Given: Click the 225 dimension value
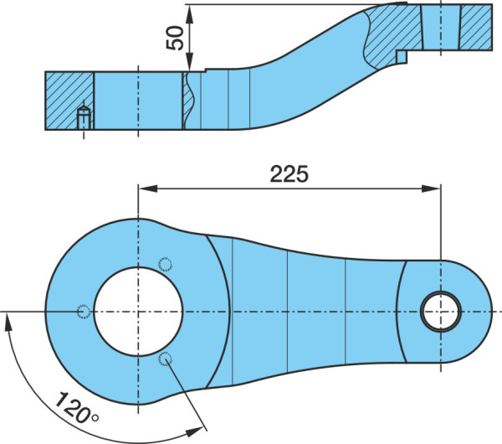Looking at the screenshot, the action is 289,174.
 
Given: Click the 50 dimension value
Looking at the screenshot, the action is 176,38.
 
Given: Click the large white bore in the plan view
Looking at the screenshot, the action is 138,312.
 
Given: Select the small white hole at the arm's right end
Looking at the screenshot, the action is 441,312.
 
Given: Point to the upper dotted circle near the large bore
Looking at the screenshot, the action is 165,265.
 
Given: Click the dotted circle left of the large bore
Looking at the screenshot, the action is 84,312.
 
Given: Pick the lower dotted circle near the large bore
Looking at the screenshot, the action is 165,359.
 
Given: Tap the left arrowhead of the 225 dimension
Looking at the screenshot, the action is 147,188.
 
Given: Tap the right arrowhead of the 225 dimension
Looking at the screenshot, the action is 431,188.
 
